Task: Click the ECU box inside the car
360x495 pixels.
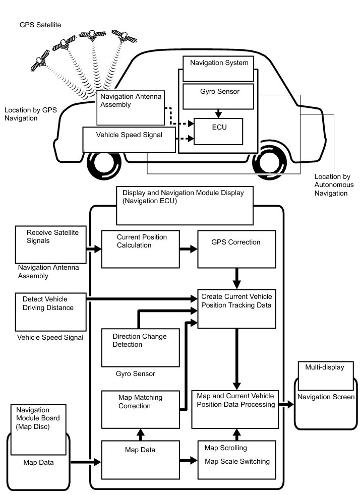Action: pyautogui.click(x=218, y=132)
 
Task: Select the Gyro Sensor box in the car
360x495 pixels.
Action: pyautogui.click(x=218, y=96)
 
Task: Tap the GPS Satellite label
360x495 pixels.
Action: pyautogui.click(x=40, y=25)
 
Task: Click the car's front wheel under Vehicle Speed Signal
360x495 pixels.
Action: pyautogui.click(x=104, y=163)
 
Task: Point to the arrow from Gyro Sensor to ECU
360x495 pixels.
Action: pyautogui.click(x=218, y=113)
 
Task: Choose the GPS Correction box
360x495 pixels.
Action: pyautogui.click(x=236, y=249)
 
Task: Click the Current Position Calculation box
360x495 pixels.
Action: pyautogui.click(x=141, y=249)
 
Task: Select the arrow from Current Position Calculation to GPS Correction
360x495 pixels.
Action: pyautogui.click(x=189, y=249)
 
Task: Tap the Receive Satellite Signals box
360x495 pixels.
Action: pyautogui.click(x=51, y=244)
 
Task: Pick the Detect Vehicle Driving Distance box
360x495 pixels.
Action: pyautogui.click(x=51, y=312)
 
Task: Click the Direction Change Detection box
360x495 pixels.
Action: pyautogui.click(x=141, y=348)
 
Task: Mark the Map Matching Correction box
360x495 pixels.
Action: pyautogui.click(x=141, y=409)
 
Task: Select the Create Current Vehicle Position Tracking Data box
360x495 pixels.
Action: pyautogui.click(x=236, y=308)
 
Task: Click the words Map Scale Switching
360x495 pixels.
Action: pyautogui.click(x=237, y=462)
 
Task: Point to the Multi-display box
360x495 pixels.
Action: pyautogui.click(x=326, y=376)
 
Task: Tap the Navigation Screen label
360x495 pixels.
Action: pyautogui.click(x=326, y=397)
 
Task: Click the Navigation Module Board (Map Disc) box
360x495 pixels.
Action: pyautogui.click(x=38, y=429)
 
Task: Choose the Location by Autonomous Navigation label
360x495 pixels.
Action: pyautogui.click(x=334, y=185)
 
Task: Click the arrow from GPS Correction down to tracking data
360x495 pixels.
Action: pyautogui.click(x=236, y=279)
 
